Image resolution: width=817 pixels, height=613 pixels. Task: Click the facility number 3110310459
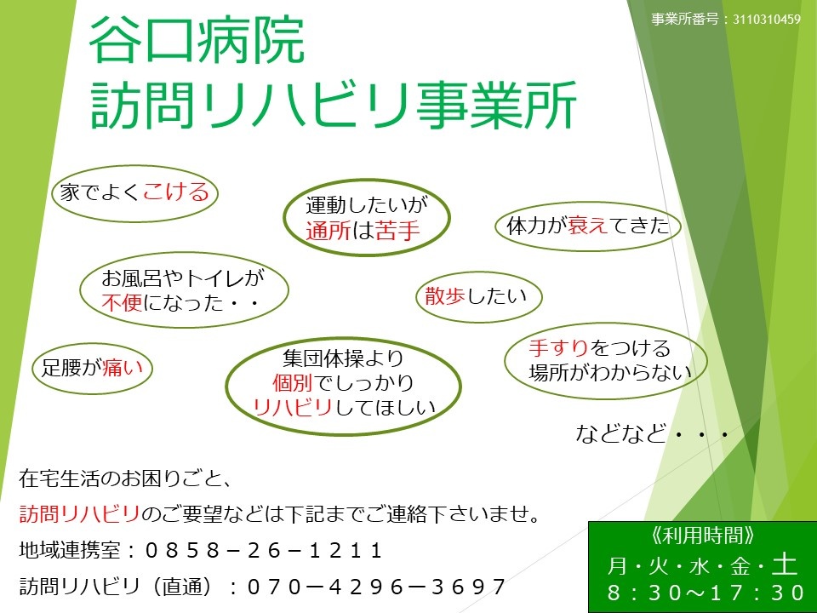(x=767, y=20)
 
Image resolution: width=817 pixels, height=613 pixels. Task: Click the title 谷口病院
(x=197, y=41)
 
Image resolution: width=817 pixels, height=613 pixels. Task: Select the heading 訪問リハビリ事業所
(x=334, y=105)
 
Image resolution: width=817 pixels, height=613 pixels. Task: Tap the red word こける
(x=176, y=192)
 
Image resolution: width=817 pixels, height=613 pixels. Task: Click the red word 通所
(x=328, y=231)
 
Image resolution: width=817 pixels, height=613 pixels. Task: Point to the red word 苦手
(x=397, y=231)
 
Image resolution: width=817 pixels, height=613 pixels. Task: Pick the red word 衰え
(x=588, y=225)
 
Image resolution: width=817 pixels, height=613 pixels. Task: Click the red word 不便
(x=122, y=302)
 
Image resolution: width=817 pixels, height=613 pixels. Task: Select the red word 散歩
(x=445, y=295)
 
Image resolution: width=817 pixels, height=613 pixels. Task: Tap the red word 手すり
(x=558, y=347)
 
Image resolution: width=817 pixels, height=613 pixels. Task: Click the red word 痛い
(x=123, y=368)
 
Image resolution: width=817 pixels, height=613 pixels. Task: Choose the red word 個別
(x=292, y=383)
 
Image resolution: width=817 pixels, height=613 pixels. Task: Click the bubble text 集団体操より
(x=343, y=358)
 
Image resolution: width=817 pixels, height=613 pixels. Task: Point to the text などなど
(x=620, y=433)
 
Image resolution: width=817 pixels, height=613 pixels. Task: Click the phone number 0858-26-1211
(x=264, y=551)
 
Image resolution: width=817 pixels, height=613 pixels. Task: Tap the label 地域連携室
(x=70, y=551)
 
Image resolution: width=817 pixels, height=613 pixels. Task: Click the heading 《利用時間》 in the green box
(x=702, y=536)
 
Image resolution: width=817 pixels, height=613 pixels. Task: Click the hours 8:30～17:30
(x=706, y=593)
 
